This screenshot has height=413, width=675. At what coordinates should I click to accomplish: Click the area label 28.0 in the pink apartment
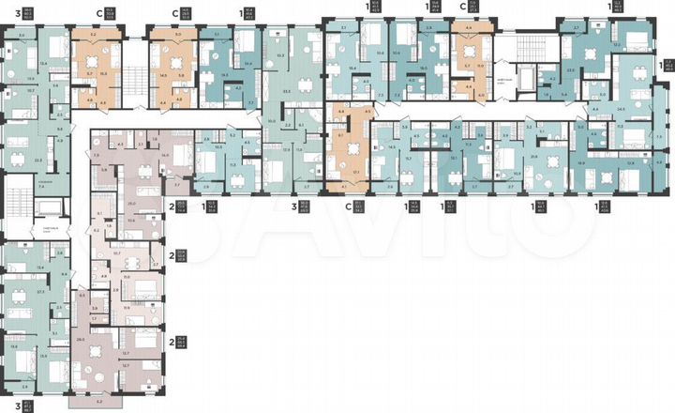[81, 338]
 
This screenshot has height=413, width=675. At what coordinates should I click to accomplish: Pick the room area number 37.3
[41, 292]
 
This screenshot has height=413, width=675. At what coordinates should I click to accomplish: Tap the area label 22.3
[37, 160]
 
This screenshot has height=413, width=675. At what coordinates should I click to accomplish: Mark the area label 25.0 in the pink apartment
[131, 203]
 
